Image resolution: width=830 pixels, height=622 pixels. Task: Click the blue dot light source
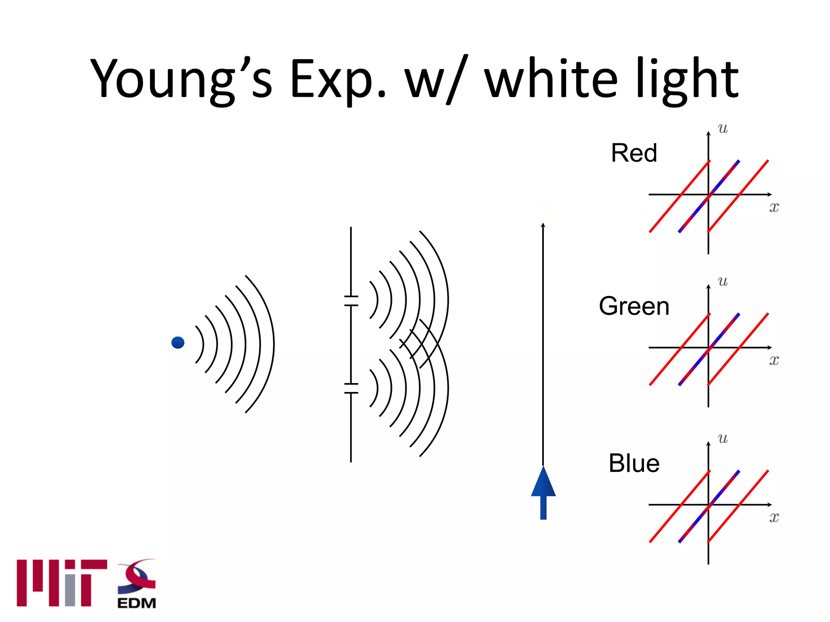tap(178, 343)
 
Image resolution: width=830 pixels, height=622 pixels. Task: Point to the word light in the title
tap(687, 79)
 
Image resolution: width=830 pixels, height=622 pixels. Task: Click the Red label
tap(634, 153)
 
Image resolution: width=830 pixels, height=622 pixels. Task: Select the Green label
tap(634, 306)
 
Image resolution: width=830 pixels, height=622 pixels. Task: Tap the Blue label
tap(634, 463)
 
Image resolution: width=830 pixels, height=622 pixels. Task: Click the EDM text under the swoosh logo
tap(137, 603)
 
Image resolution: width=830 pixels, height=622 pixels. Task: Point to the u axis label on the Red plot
tap(723, 129)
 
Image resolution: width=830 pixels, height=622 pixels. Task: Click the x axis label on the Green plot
tap(774, 360)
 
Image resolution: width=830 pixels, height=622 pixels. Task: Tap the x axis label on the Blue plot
tap(774, 517)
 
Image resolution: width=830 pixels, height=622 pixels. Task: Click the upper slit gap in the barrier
tap(351, 301)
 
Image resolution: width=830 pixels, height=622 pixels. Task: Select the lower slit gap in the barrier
tap(351, 388)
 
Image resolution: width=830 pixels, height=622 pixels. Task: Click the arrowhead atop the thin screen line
tap(543, 225)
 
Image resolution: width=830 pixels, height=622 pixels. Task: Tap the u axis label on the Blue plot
tap(723, 439)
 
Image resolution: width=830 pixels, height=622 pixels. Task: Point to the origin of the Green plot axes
tap(708, 347)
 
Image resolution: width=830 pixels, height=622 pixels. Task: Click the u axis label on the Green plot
tap(723, 281)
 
